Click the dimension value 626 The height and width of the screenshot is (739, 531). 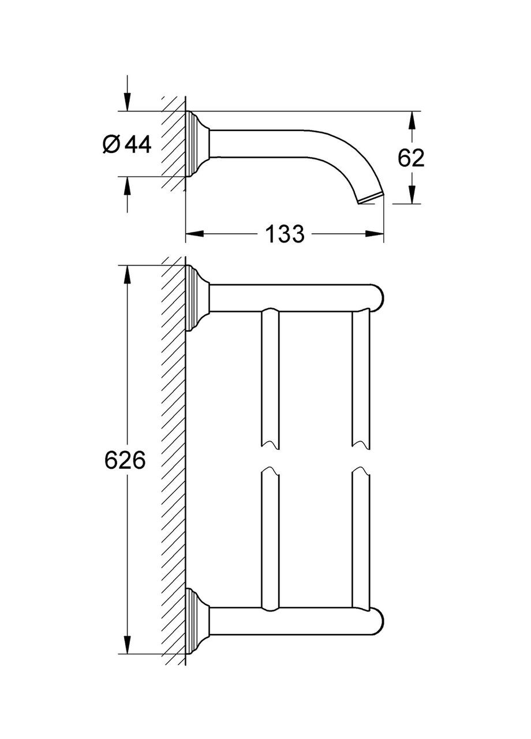[124, 460]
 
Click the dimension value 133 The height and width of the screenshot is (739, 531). [284, 234]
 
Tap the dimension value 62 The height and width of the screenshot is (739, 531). [411, 158]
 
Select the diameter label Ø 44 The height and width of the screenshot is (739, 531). [126, 144]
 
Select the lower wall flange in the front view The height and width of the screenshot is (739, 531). [196, 622]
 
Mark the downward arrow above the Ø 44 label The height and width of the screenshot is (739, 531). [127, 103]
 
